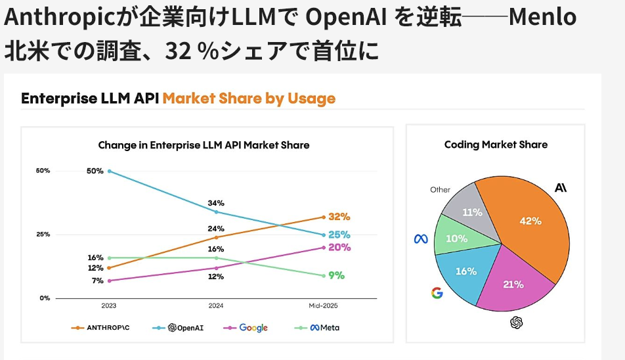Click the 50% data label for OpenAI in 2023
coord(95,171)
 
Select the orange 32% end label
coord(339,217)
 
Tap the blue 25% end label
coord(339,235)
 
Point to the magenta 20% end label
coord(339,248)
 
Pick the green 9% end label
coord(336,276)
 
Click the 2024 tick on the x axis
coord(216,306)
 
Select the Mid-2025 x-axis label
coord(323,306)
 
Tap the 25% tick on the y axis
coord(43,235)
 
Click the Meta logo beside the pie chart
coord(421,239)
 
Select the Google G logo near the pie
coord(437,292)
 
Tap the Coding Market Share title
coord(496,145)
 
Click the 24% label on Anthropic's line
coord(216,229)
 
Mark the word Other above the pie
coord(440,190)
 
